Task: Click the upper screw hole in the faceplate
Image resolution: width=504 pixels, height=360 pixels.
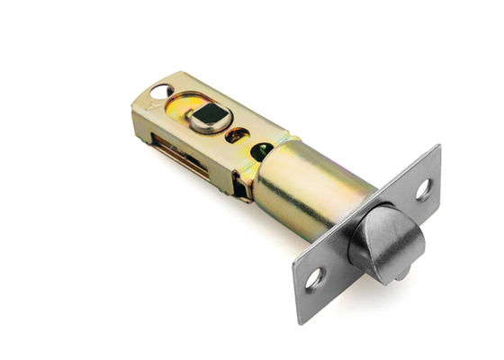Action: (x=421, y=189)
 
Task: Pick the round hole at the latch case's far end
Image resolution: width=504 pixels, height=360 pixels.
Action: (x=160, y=91)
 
